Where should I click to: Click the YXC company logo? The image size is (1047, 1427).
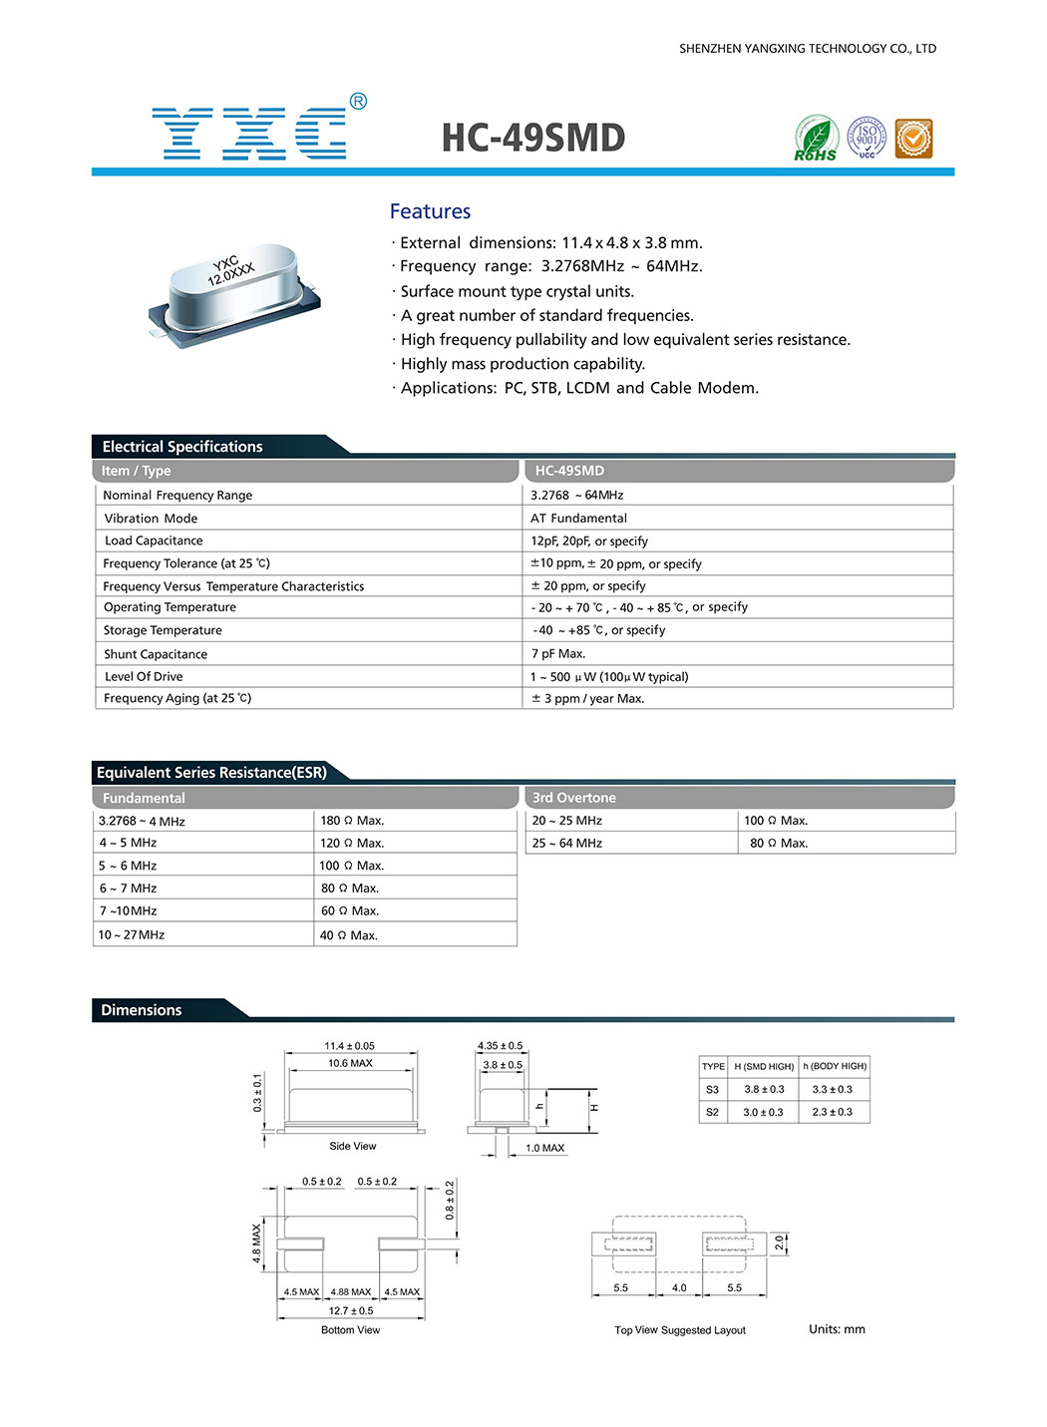coord(249,133)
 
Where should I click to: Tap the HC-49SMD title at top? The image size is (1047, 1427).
coord(532,138)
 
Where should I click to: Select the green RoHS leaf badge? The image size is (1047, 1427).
coord(816,138)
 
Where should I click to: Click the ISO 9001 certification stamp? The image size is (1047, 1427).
coord(867,138)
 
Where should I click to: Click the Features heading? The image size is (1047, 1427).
coord(430,211)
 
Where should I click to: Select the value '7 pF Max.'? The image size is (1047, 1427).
coord(558,654)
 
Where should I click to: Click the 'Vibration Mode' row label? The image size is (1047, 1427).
coord(151,519)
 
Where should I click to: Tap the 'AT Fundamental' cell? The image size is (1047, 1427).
coord(578,519)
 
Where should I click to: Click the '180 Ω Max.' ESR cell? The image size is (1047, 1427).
coord(352,821)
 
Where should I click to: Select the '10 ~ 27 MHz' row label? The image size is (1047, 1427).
coord(132,935)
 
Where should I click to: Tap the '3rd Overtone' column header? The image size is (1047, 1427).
coord(573,798)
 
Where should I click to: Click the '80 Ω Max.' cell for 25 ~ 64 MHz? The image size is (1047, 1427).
coord(779,844)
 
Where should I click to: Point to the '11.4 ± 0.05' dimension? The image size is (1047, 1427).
coord(349,1046)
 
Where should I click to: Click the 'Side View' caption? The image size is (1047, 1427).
coord(353,1147)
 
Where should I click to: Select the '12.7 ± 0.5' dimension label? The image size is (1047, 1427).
coord(351,1311)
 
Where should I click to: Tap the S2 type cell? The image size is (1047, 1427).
coord(712,1112)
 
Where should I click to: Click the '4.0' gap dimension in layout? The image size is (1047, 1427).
coord(679,1288)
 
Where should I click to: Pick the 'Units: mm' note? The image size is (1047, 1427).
coord(837,1329)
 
